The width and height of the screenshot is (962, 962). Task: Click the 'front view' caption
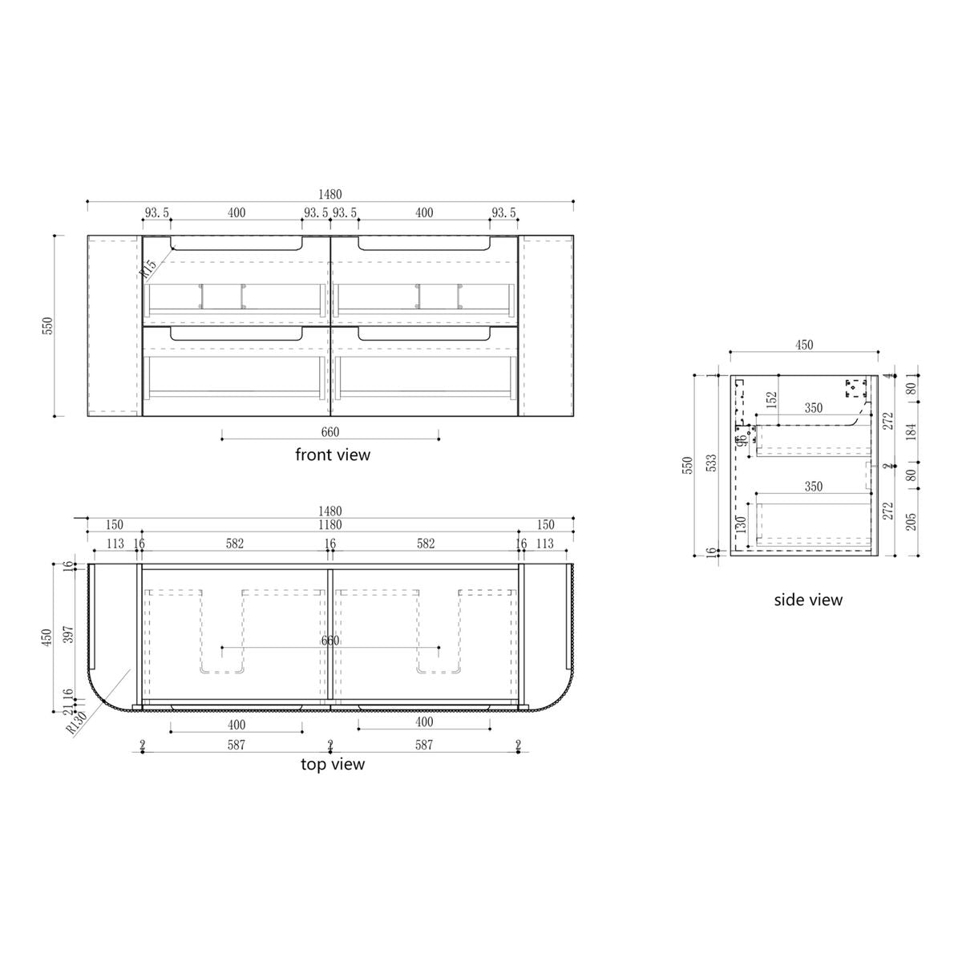333,455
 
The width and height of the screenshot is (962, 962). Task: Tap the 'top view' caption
333,764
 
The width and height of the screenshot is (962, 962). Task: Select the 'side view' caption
808,600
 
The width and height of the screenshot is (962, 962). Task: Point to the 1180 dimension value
329,525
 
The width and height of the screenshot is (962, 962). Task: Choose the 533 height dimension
712,465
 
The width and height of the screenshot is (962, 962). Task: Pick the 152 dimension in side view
772,398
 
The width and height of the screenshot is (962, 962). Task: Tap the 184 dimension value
910,434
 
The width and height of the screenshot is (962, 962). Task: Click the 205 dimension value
910,523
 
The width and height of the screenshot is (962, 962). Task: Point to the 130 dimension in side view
742,525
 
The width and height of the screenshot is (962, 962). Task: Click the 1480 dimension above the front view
329,194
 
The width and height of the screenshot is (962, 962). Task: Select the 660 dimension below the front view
329,432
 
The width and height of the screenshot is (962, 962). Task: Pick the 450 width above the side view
804,345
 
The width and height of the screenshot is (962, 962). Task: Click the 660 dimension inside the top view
329,641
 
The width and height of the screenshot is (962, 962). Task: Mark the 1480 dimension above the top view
329,511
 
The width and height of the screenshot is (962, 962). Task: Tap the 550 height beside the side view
686,465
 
